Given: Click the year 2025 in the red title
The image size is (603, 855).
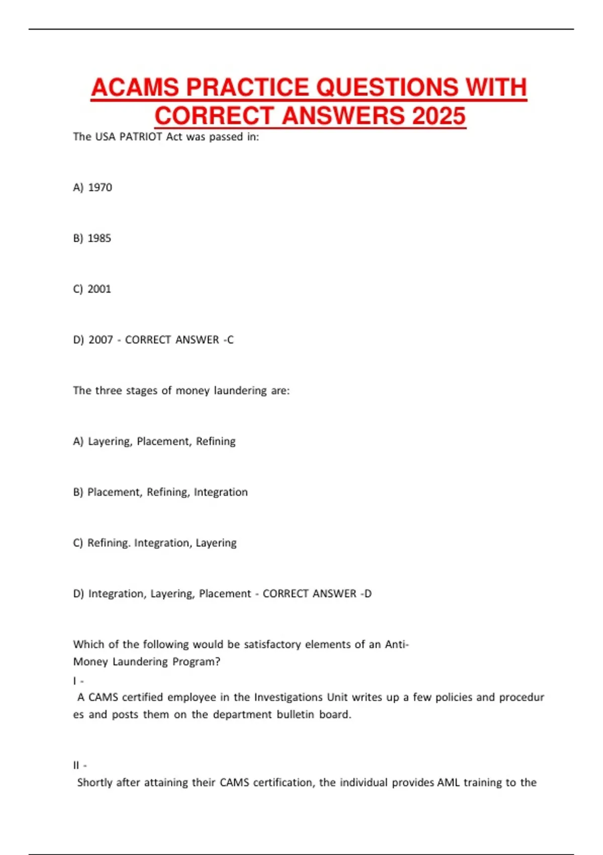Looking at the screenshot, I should (x=439, y=116).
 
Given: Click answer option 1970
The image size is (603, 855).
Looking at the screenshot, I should (x=100, y=188).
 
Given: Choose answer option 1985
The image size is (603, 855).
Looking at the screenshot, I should (x=99, y=238).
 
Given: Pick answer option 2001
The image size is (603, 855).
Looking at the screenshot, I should (x=99, y=289).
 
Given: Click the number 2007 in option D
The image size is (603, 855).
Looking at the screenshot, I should (x=100, y=340).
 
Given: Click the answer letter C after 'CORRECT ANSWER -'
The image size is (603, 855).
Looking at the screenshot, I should (x=230, y=340).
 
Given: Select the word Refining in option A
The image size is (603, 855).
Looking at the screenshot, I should (x=216, y=442).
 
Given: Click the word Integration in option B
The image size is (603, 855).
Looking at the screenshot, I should (x=221, y=492).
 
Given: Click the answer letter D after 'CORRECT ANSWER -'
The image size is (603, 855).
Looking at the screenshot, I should (x=368, y=594).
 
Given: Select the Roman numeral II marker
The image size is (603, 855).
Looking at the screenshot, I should (x=76, y=765).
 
